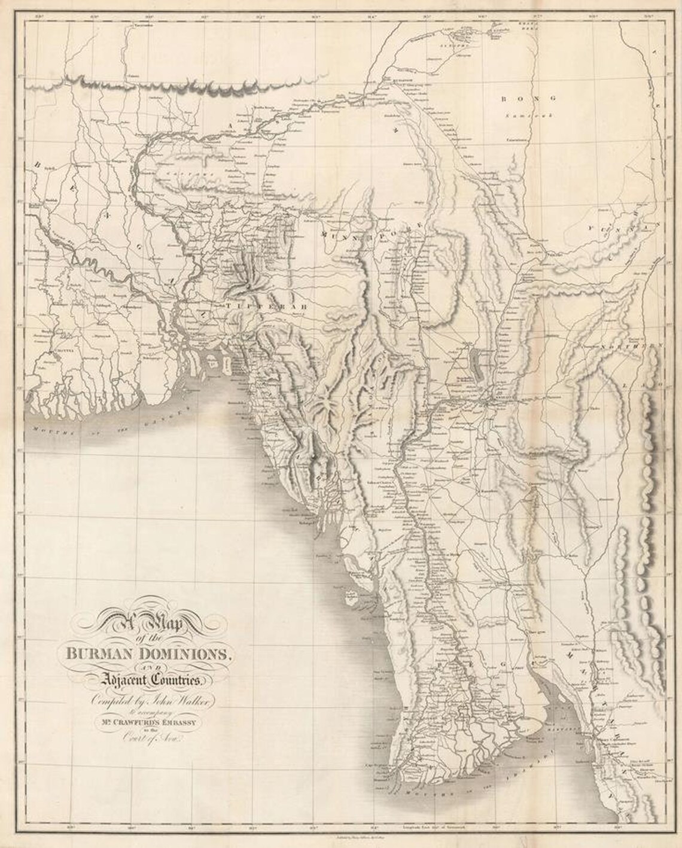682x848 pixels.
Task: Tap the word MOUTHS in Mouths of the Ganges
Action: click(48, 429)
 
